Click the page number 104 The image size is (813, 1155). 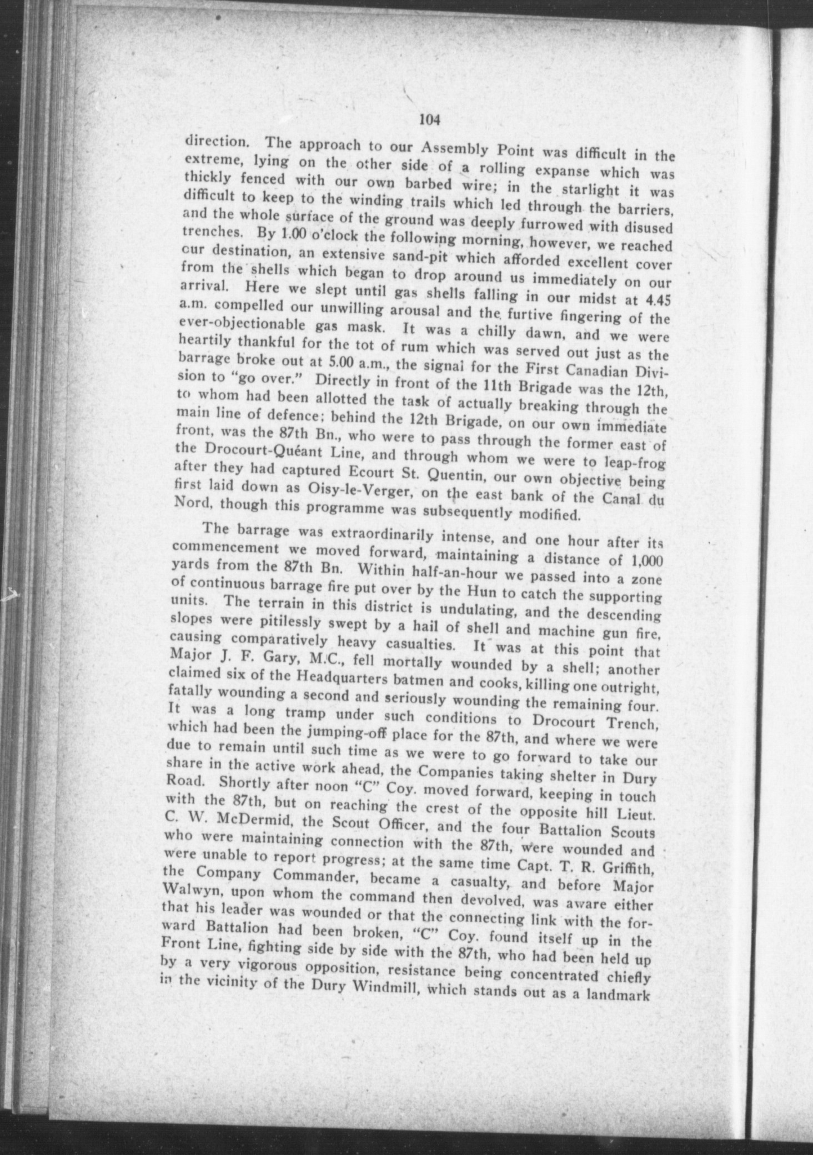tap(430, 120)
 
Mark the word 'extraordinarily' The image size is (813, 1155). tap(383, 535)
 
